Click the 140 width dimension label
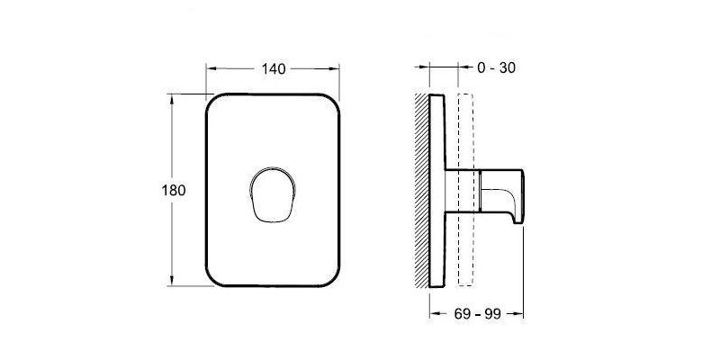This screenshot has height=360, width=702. click(274, 69)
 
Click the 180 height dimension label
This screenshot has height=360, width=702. click(174, 191)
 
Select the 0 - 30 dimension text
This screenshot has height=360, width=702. click(497, 67)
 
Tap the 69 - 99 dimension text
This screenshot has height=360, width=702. click(477, 314)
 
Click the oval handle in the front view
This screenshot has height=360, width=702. click(272, 195)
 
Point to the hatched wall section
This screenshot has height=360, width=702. click(421, 190)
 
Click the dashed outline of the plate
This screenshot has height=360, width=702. click(465, 190)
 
